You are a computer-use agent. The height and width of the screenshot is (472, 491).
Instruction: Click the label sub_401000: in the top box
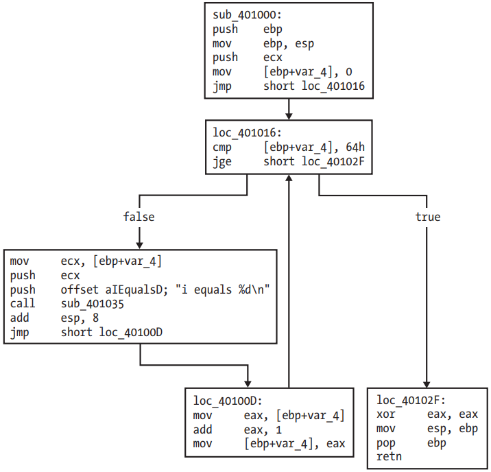coord(247,14)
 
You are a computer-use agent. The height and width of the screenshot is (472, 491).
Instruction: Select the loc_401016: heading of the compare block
coord(247,132)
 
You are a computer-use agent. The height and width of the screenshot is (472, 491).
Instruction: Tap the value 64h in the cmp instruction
coord(355,147)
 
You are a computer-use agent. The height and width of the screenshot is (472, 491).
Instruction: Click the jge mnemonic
coord(222,162)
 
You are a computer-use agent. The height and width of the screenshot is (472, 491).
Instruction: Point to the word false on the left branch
coord(139,217)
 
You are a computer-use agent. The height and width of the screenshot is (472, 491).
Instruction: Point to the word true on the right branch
coord(428,217)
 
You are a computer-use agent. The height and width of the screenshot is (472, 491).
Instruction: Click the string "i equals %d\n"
coord(222,290)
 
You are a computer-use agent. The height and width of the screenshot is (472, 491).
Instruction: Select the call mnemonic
coord(23,303)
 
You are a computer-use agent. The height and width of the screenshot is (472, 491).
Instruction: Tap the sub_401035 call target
coord(93,304)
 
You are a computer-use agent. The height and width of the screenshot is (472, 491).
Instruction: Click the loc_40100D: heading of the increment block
coord(228,401)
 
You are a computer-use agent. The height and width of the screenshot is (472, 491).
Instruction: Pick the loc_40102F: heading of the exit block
coord(411,400)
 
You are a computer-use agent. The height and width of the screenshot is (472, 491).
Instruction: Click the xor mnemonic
coord(386,414)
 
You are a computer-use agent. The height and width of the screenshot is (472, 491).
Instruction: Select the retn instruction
coord(389,457)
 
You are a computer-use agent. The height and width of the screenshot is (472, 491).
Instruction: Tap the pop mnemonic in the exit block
coord(386,443)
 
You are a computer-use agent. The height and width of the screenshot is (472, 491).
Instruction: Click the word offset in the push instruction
coord(80,290)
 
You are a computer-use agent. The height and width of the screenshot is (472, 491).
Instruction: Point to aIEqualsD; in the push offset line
coord(137,290)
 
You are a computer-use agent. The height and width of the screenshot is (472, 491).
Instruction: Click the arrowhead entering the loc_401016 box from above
coord(289,116)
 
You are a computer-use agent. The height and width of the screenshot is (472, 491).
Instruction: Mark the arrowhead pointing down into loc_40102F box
coord(427,385)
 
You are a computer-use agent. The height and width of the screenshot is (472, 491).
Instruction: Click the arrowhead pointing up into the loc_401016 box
coord(289,178)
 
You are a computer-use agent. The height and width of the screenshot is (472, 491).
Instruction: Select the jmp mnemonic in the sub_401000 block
coord(222,86)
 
